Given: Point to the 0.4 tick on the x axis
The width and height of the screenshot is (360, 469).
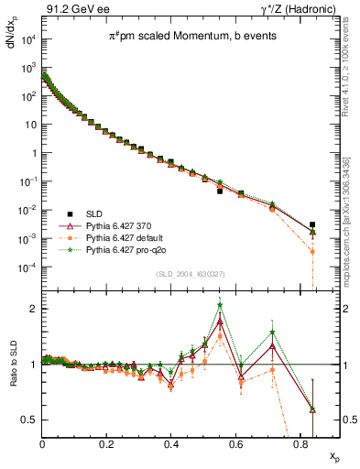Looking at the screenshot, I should [171, 444].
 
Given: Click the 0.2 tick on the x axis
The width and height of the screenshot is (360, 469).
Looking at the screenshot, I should [106, 444].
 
